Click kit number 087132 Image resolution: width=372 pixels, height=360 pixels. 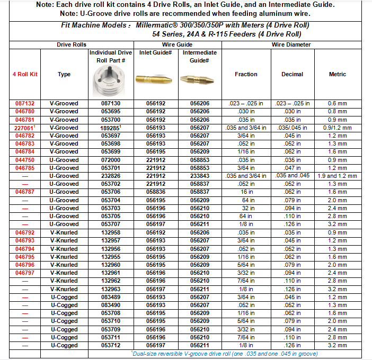click(x=25, y=104)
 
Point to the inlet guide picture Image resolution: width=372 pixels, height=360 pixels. click(x=155, y=80)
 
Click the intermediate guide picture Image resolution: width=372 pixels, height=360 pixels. click(x=200, y=80)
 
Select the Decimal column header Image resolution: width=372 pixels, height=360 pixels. click(x=293, y=75)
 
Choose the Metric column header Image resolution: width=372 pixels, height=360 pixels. click(x=338, y=75)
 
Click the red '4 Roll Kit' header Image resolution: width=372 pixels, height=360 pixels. click(x=25, y=75)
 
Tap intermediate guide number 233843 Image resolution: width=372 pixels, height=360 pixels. click(x=200, y=176)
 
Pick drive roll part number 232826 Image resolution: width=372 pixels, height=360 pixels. click(x=110, y=176)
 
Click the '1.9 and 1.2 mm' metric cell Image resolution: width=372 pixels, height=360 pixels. click(x=338, y=176)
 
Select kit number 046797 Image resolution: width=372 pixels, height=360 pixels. click(x=25, y=273)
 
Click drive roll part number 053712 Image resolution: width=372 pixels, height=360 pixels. click(x=110, y=345)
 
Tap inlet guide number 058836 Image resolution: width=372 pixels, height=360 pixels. click(x=155, y=192)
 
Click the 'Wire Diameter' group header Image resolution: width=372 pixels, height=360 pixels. click(x=291, y=45)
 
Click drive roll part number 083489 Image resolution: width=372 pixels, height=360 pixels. click(x=110, y=297)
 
